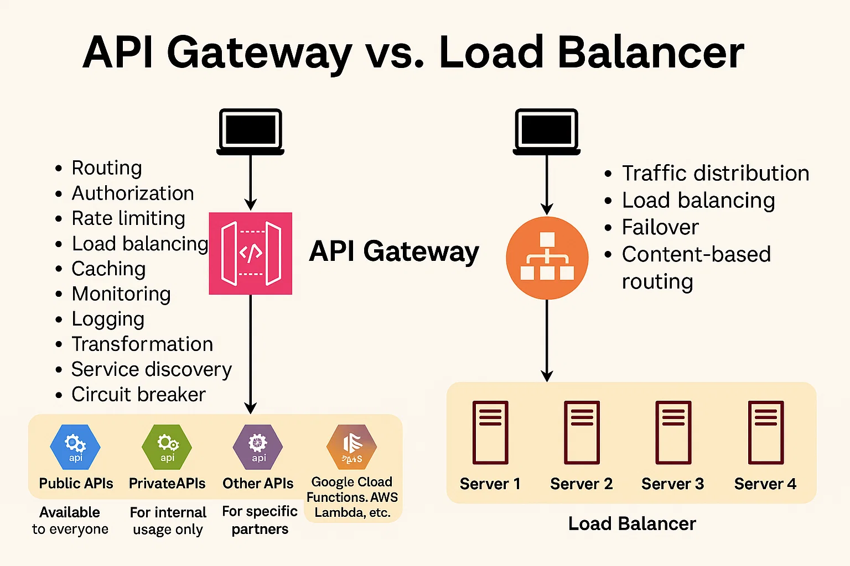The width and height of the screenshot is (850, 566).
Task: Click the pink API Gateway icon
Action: click(x=250, y=253)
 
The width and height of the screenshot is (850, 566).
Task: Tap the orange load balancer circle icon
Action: click(x=547, y=258)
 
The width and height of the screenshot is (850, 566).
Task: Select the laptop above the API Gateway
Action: click(x=250, y=132)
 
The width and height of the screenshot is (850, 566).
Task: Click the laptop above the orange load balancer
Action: click(x=547, y=132)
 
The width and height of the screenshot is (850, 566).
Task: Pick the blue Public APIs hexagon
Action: click(x=75, y=447)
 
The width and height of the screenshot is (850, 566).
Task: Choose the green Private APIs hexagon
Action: click(x=167, y=447)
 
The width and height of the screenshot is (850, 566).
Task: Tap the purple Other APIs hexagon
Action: click(x=258, y=447)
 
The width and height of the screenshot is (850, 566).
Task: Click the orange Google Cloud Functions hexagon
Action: click(x=351, y=447)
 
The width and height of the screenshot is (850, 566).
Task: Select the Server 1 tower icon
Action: click(x=490, y=432)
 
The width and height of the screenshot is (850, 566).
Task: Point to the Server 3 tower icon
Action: click(x=673, y=432)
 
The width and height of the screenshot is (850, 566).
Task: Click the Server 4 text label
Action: click(x=765, y=484)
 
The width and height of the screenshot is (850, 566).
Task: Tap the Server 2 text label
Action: click(x=581, y=484)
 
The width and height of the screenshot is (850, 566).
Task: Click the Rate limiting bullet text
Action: click(x=128, y=218)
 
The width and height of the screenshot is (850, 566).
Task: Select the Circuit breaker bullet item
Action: click(x=138, y=395)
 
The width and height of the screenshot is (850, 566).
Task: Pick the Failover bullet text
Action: click(x=660, y=227)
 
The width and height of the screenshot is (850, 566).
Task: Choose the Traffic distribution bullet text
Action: click(x=715, y=174)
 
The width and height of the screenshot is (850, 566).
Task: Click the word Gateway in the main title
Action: click(x=259, y=53)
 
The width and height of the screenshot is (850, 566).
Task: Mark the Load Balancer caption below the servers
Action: click(x=632, y=523)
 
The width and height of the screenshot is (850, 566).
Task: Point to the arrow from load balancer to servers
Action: click(x=547, y=340)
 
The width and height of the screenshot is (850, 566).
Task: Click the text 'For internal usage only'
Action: click(x=168, y=521)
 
